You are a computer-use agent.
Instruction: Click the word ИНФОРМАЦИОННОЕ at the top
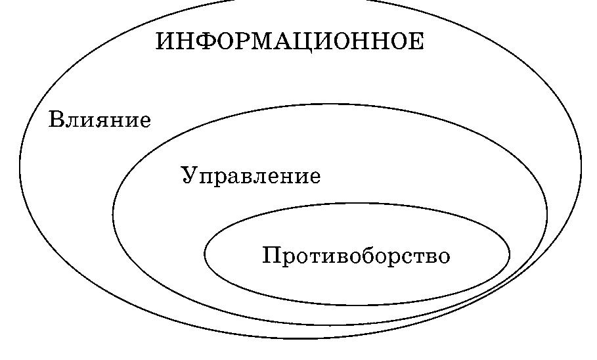click(290, 42)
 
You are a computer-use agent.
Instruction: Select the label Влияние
click(100, 121)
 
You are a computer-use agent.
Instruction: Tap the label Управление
click(251, 176)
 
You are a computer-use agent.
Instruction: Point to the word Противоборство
click(356, 256)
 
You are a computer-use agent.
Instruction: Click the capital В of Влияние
click(56, 120)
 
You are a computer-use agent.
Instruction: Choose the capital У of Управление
click(190, 175)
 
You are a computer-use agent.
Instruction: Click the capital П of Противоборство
click(271, 255)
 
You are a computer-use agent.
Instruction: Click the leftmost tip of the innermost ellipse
click(205, 254)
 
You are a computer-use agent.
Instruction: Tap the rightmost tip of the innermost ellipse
click(510, 254)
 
